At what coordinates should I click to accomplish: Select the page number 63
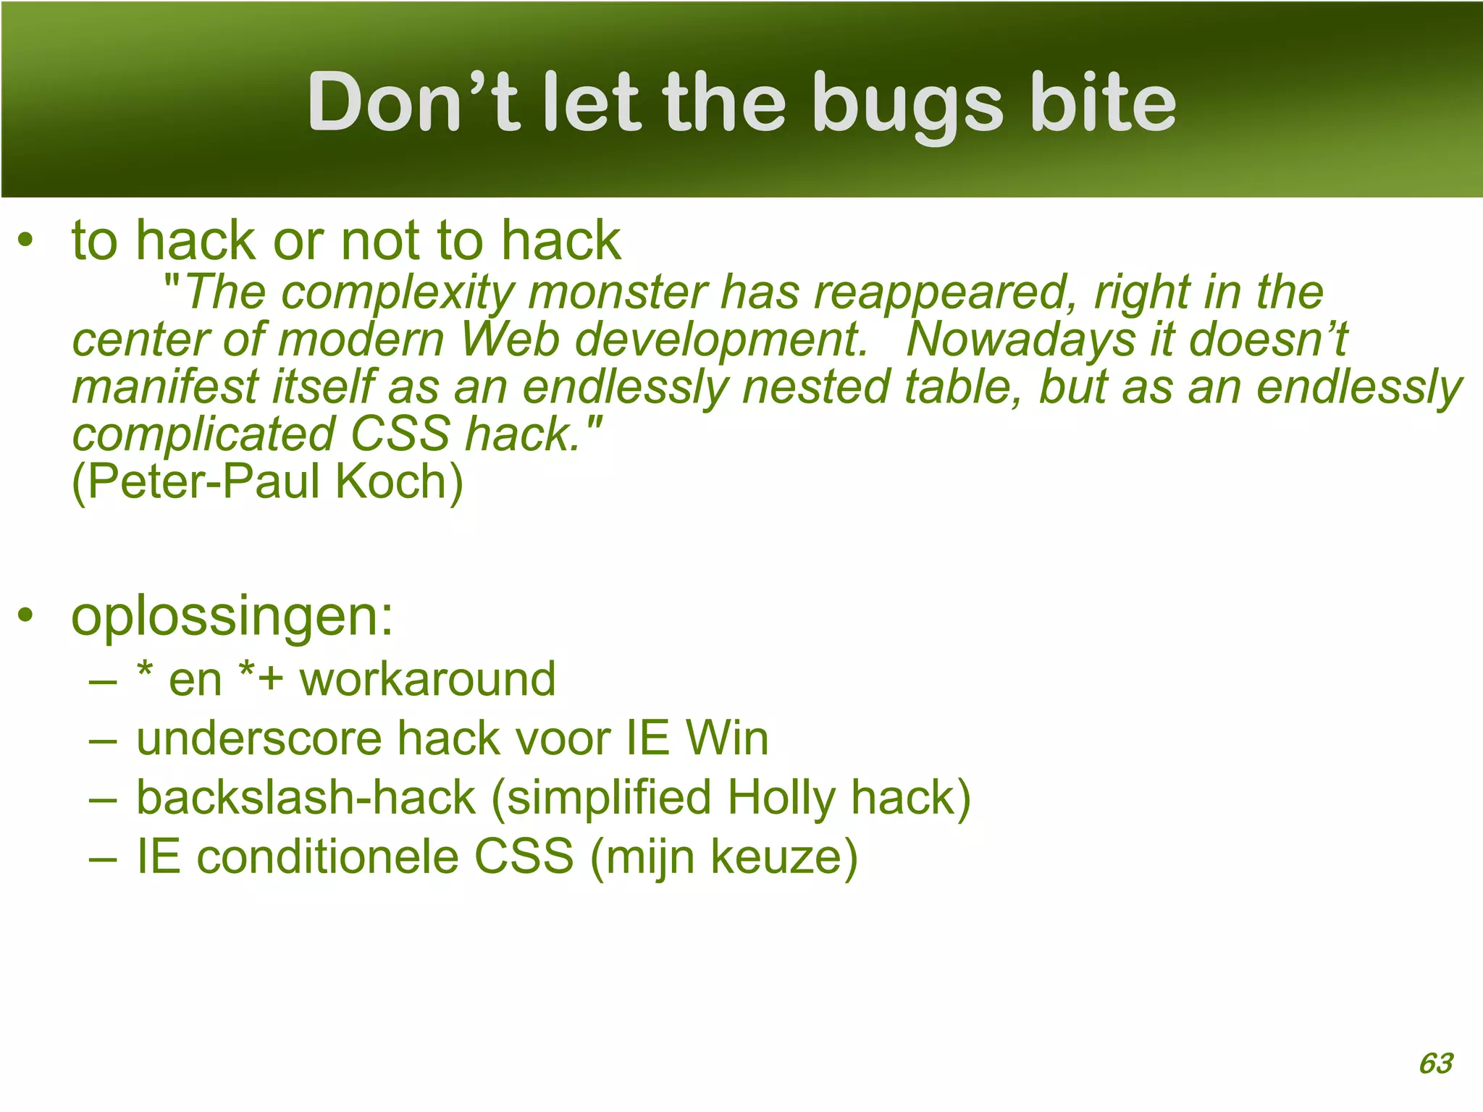click(1436, 1063)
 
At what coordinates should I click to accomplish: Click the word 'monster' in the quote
click(618, 292)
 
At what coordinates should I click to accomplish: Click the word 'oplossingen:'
click(232, 617)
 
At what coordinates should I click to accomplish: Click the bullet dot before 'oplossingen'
click(26, 616)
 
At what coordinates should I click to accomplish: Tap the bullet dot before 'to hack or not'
click(26, 241)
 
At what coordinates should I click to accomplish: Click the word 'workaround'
click(428, 679)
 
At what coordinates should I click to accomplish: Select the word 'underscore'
click(259, 738)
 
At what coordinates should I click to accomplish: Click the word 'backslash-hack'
click(306, 798)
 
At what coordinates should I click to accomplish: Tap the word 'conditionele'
click(328, 857)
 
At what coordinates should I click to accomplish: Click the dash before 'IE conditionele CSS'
click(103, 859)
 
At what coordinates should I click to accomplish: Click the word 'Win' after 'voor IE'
click(727, 738)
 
